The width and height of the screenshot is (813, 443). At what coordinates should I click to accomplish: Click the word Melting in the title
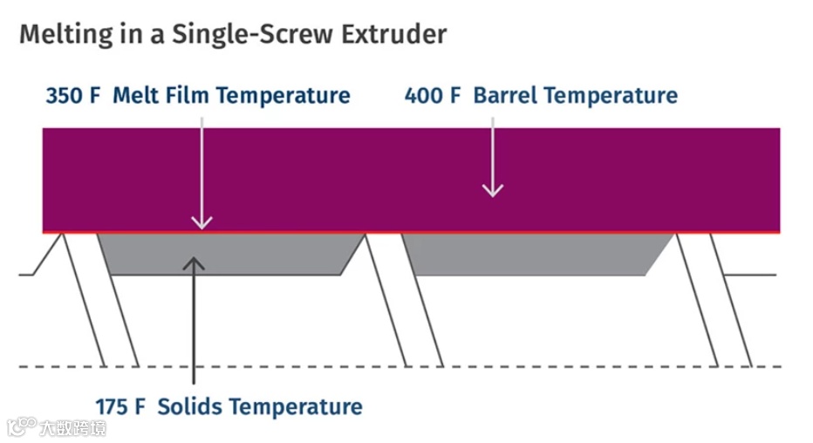click(58, 35)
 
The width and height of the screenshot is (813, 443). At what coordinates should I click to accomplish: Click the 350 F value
click(73, 95)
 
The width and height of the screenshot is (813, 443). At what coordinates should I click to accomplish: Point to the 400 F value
click(432, 95)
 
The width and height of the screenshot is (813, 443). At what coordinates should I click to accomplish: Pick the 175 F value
click(123, 406)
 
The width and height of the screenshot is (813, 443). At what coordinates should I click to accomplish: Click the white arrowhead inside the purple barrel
click(494, 189)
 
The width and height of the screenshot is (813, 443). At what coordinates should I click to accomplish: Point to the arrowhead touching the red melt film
click(202, 224)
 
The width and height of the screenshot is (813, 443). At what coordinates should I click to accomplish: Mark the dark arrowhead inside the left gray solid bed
click(194, 261)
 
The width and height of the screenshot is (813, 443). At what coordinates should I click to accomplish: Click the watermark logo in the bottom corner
click(22, 426)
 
